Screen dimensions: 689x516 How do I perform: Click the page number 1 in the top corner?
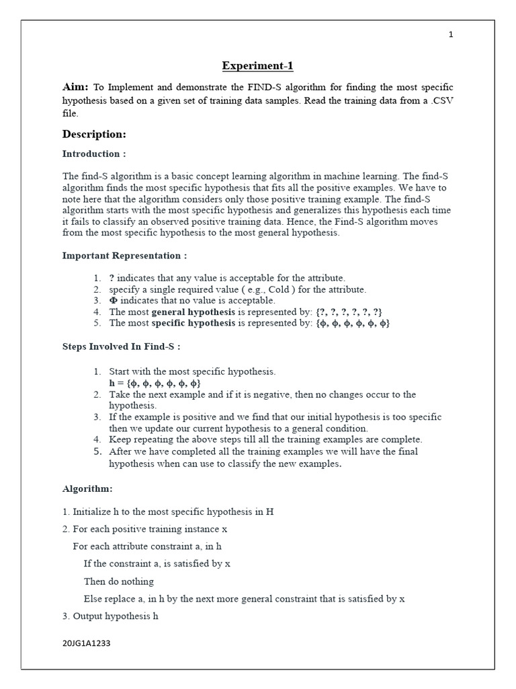[x=451, y=35]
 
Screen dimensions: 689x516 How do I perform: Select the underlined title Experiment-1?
[x=258, y=66]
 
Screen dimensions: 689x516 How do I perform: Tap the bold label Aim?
[x=75, y=87]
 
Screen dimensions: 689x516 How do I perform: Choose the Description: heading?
[x=94, y=134]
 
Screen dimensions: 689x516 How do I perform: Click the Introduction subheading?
[x=94, y=154]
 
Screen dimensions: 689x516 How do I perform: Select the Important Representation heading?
[x=124, y=256]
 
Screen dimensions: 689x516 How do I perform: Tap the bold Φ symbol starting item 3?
[x=113, y=301]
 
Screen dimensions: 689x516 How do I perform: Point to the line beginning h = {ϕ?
[x=155, y=383]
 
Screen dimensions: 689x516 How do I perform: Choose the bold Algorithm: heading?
[x=87, y=488]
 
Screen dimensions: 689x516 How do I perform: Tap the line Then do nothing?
[x=118, y=581]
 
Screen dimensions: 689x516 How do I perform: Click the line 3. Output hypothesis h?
[x=110, y=616]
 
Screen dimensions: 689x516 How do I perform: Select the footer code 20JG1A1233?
[x=86, y=643]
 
